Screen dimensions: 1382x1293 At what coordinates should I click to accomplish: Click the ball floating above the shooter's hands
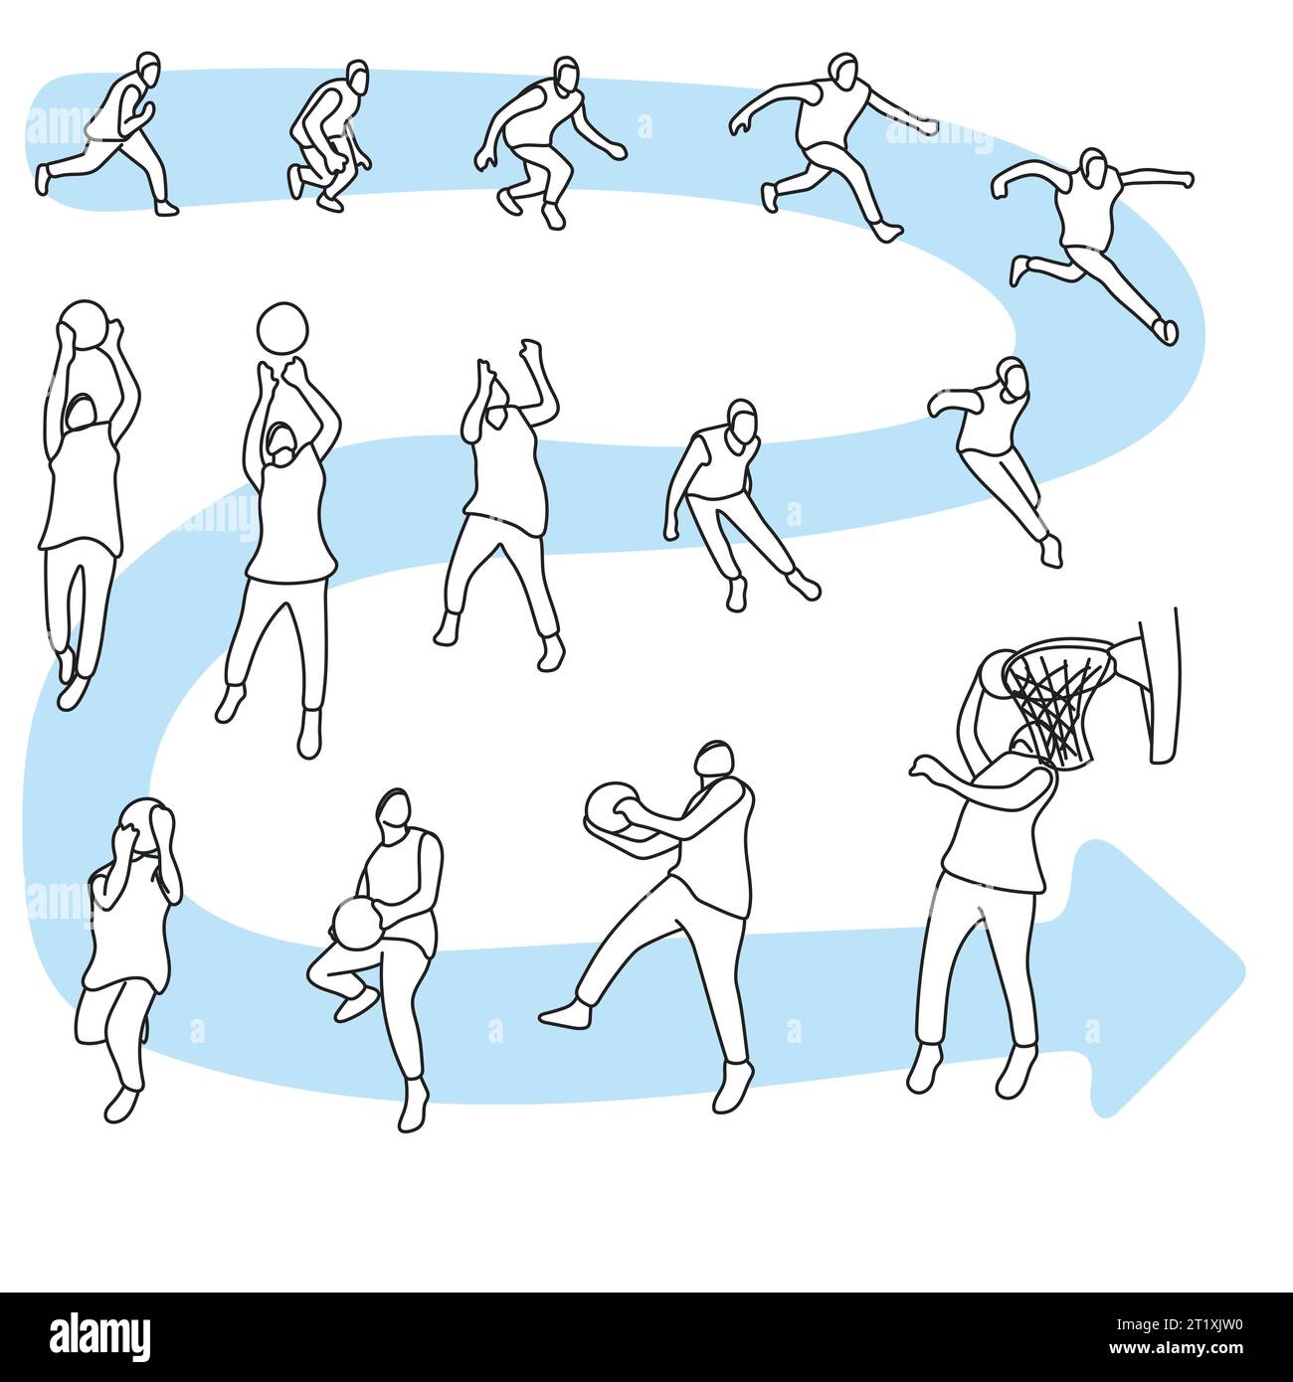[282, 327]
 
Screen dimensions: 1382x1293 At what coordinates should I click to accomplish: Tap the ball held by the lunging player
[610, 811]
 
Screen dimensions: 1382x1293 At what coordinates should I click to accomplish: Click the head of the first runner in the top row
[147, 69]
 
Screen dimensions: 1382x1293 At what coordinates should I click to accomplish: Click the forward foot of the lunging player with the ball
[562, 1014]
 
